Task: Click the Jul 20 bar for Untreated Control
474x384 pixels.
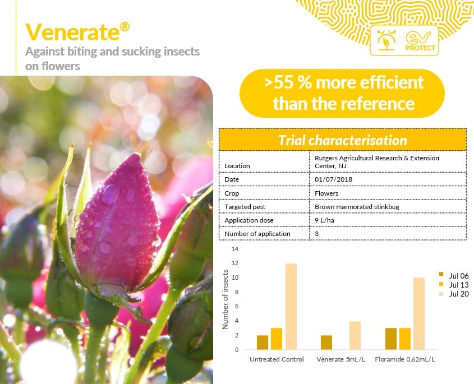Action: coord(291,306)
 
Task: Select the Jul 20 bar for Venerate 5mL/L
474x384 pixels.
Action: coord(355,335)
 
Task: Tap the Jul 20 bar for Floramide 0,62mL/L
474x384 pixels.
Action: coord(419,313)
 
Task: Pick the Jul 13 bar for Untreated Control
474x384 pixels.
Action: coord(277,339)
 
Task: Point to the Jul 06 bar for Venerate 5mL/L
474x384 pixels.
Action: coord(326,343)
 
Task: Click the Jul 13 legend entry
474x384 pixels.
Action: coord(454,285)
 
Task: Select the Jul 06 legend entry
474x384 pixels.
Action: coord(454,276)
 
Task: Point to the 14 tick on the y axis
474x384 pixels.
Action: coord(235,249)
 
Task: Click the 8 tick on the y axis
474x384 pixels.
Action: coord(237,292)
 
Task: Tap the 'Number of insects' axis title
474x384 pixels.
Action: coord(225,299)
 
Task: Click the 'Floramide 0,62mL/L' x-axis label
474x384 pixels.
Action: coord(405,359)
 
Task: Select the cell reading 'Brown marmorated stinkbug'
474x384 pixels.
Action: coord(357,207)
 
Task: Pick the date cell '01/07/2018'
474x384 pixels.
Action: coord(333,179)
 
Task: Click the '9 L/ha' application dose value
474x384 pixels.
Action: coord(324,220)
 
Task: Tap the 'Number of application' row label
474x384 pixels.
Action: coord(257,234)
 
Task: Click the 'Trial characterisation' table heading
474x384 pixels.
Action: coord(343,140)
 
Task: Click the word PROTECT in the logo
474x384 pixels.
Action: coord(420,48)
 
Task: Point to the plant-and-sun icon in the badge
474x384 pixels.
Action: coord(386,40)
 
